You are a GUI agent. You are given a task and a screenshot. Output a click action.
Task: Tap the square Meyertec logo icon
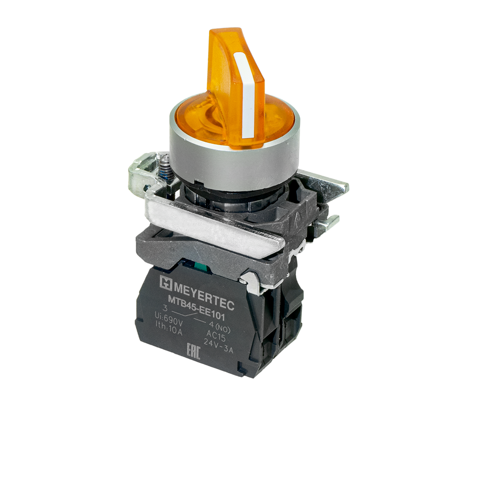tap(166, 283)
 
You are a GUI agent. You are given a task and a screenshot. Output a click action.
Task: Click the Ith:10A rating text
tap(168, 329)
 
